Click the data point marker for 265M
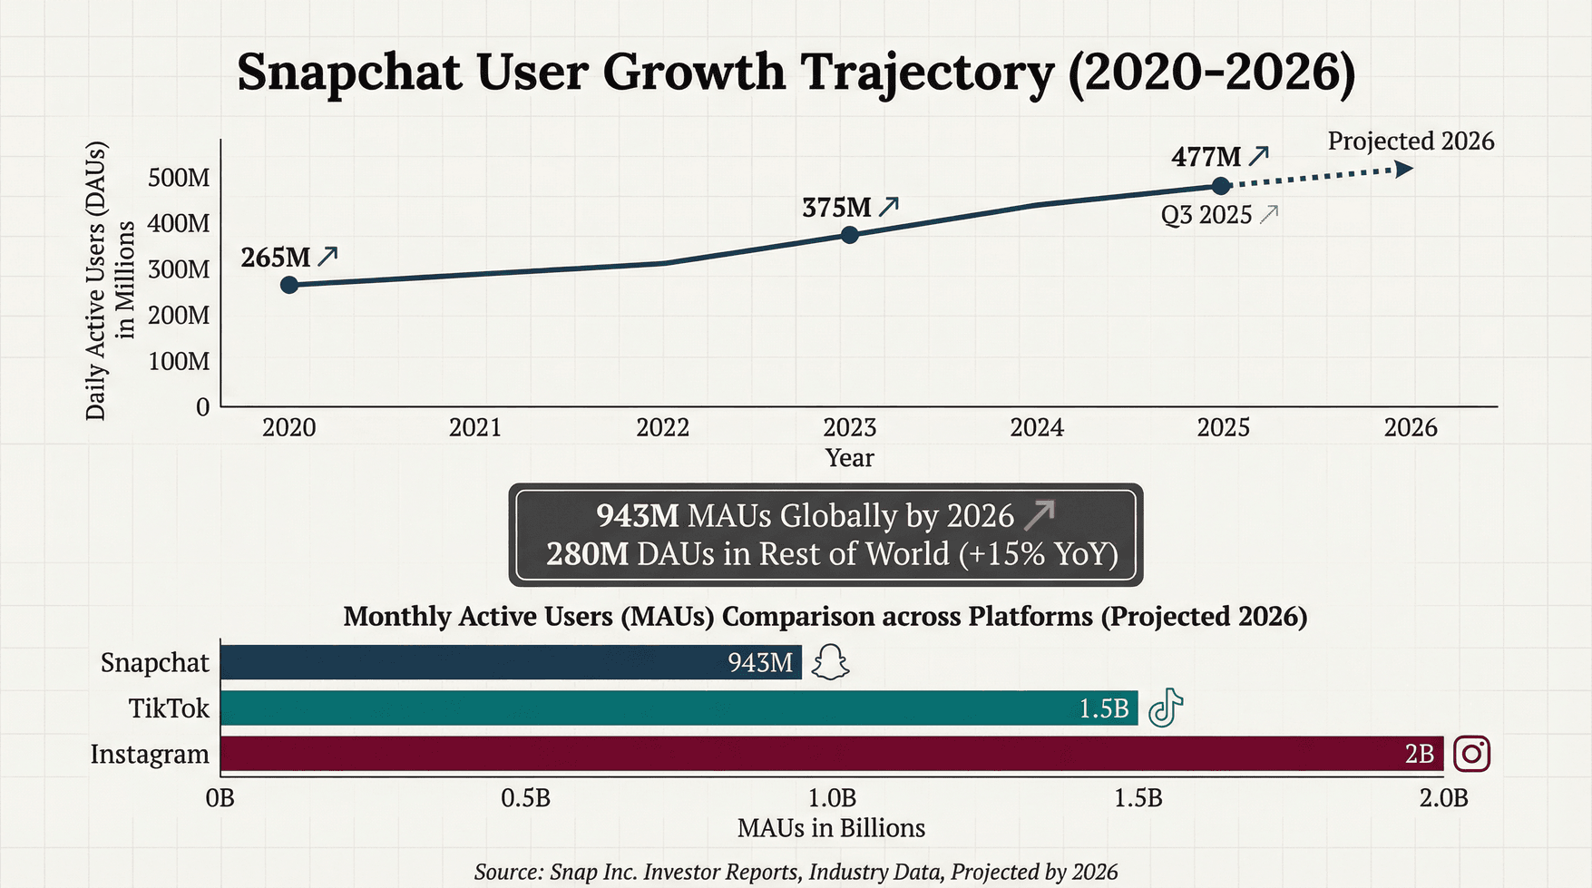(x=289, y=285)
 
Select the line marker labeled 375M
(x=849, y=235)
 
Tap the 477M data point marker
(x=1221, y=186)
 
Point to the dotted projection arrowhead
(x=1403, y=169)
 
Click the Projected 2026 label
(x=1411, y=141)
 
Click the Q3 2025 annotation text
(x=1206, y=216)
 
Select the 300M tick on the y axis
(x=179, y=269)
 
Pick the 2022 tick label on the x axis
(x=662, y=427)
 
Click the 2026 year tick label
(x=1411, y=427)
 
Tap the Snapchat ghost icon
(x=830, y=663)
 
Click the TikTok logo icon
(x=1166, y=707)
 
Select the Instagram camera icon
(x=1471, y=754)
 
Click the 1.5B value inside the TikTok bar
(x=1103, y=708)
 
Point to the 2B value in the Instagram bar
(x=1419, y=754)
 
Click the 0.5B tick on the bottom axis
(x=526, y=798)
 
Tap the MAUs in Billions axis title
(x=831, y=828)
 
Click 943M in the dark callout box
(x=637, y=516)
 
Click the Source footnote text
(x=796, y=872)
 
